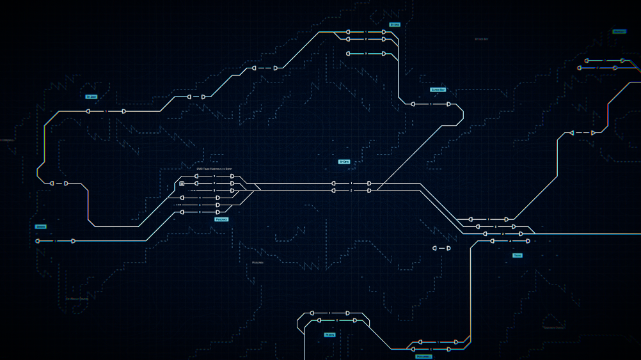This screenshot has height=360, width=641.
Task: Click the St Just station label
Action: [x=91, y=97]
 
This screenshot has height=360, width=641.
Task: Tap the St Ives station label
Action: [x=394, y=25]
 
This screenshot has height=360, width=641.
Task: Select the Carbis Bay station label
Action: [x=438, y=90]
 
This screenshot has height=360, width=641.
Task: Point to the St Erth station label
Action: [x=344, y=162]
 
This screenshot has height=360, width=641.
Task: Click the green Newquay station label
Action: [x=619, y=31]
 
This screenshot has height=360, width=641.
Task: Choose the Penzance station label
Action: [x=221, y=219]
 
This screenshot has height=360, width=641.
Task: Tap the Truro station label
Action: [x=517, y=255]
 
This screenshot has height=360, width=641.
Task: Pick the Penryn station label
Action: [x=329, y=334]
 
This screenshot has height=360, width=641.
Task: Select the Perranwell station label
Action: [x=423, y=357]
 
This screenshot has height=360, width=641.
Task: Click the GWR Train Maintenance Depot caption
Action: [x=214, y=169]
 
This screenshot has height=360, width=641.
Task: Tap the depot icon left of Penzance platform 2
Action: [x=182, y=184]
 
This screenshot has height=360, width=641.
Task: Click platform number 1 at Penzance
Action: [x=214, y=176]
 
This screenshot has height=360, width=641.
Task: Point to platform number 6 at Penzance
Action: [x=200, y=212]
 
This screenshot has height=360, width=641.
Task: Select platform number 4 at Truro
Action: [x=510, y=241]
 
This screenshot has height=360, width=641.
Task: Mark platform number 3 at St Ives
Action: [x=365, y=54]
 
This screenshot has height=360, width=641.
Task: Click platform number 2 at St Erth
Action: [x=351, y=191]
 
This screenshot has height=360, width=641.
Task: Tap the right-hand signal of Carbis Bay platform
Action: [x=448, y=104]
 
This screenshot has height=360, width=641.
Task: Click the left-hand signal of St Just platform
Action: [x=88, y=111]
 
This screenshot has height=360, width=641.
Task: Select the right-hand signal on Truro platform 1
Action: [x=507, y=219]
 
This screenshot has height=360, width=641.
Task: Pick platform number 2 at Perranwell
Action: [x=431, y=349]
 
